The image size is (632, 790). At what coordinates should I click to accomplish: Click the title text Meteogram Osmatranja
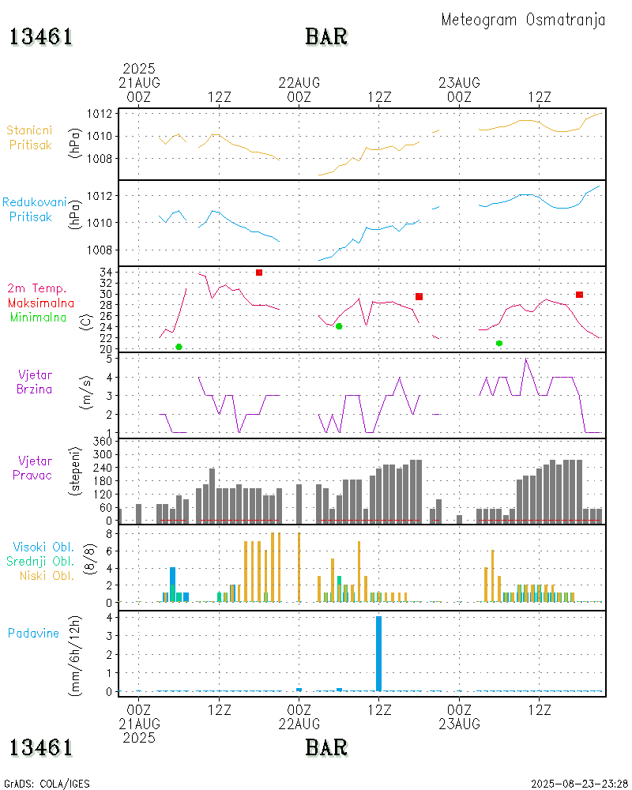523,20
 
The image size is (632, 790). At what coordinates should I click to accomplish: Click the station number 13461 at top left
41,37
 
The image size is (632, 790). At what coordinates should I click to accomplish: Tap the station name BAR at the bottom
326,747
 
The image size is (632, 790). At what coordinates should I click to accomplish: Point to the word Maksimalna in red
41,303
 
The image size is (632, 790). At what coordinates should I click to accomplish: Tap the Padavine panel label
34,633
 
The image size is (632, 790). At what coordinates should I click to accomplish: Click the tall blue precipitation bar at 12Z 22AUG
379,653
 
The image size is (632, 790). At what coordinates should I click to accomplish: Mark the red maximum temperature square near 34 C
259,273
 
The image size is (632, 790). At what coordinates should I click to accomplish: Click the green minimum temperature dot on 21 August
179,347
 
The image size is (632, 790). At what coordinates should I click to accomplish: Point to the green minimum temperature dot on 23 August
499,343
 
